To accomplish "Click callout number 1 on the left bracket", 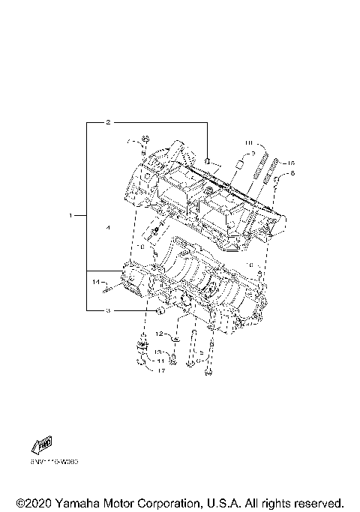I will [x=71, y=215].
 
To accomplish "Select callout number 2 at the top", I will [x=108, y=121].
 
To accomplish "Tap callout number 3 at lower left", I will [x=108, y=310].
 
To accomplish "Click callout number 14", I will [x=97, y=282].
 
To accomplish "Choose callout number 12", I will [x=160, y=333].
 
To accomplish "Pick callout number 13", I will [x=160, y=352].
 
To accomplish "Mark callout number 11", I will [x=160, y=361].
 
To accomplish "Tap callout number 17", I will [x=160, y=370].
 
